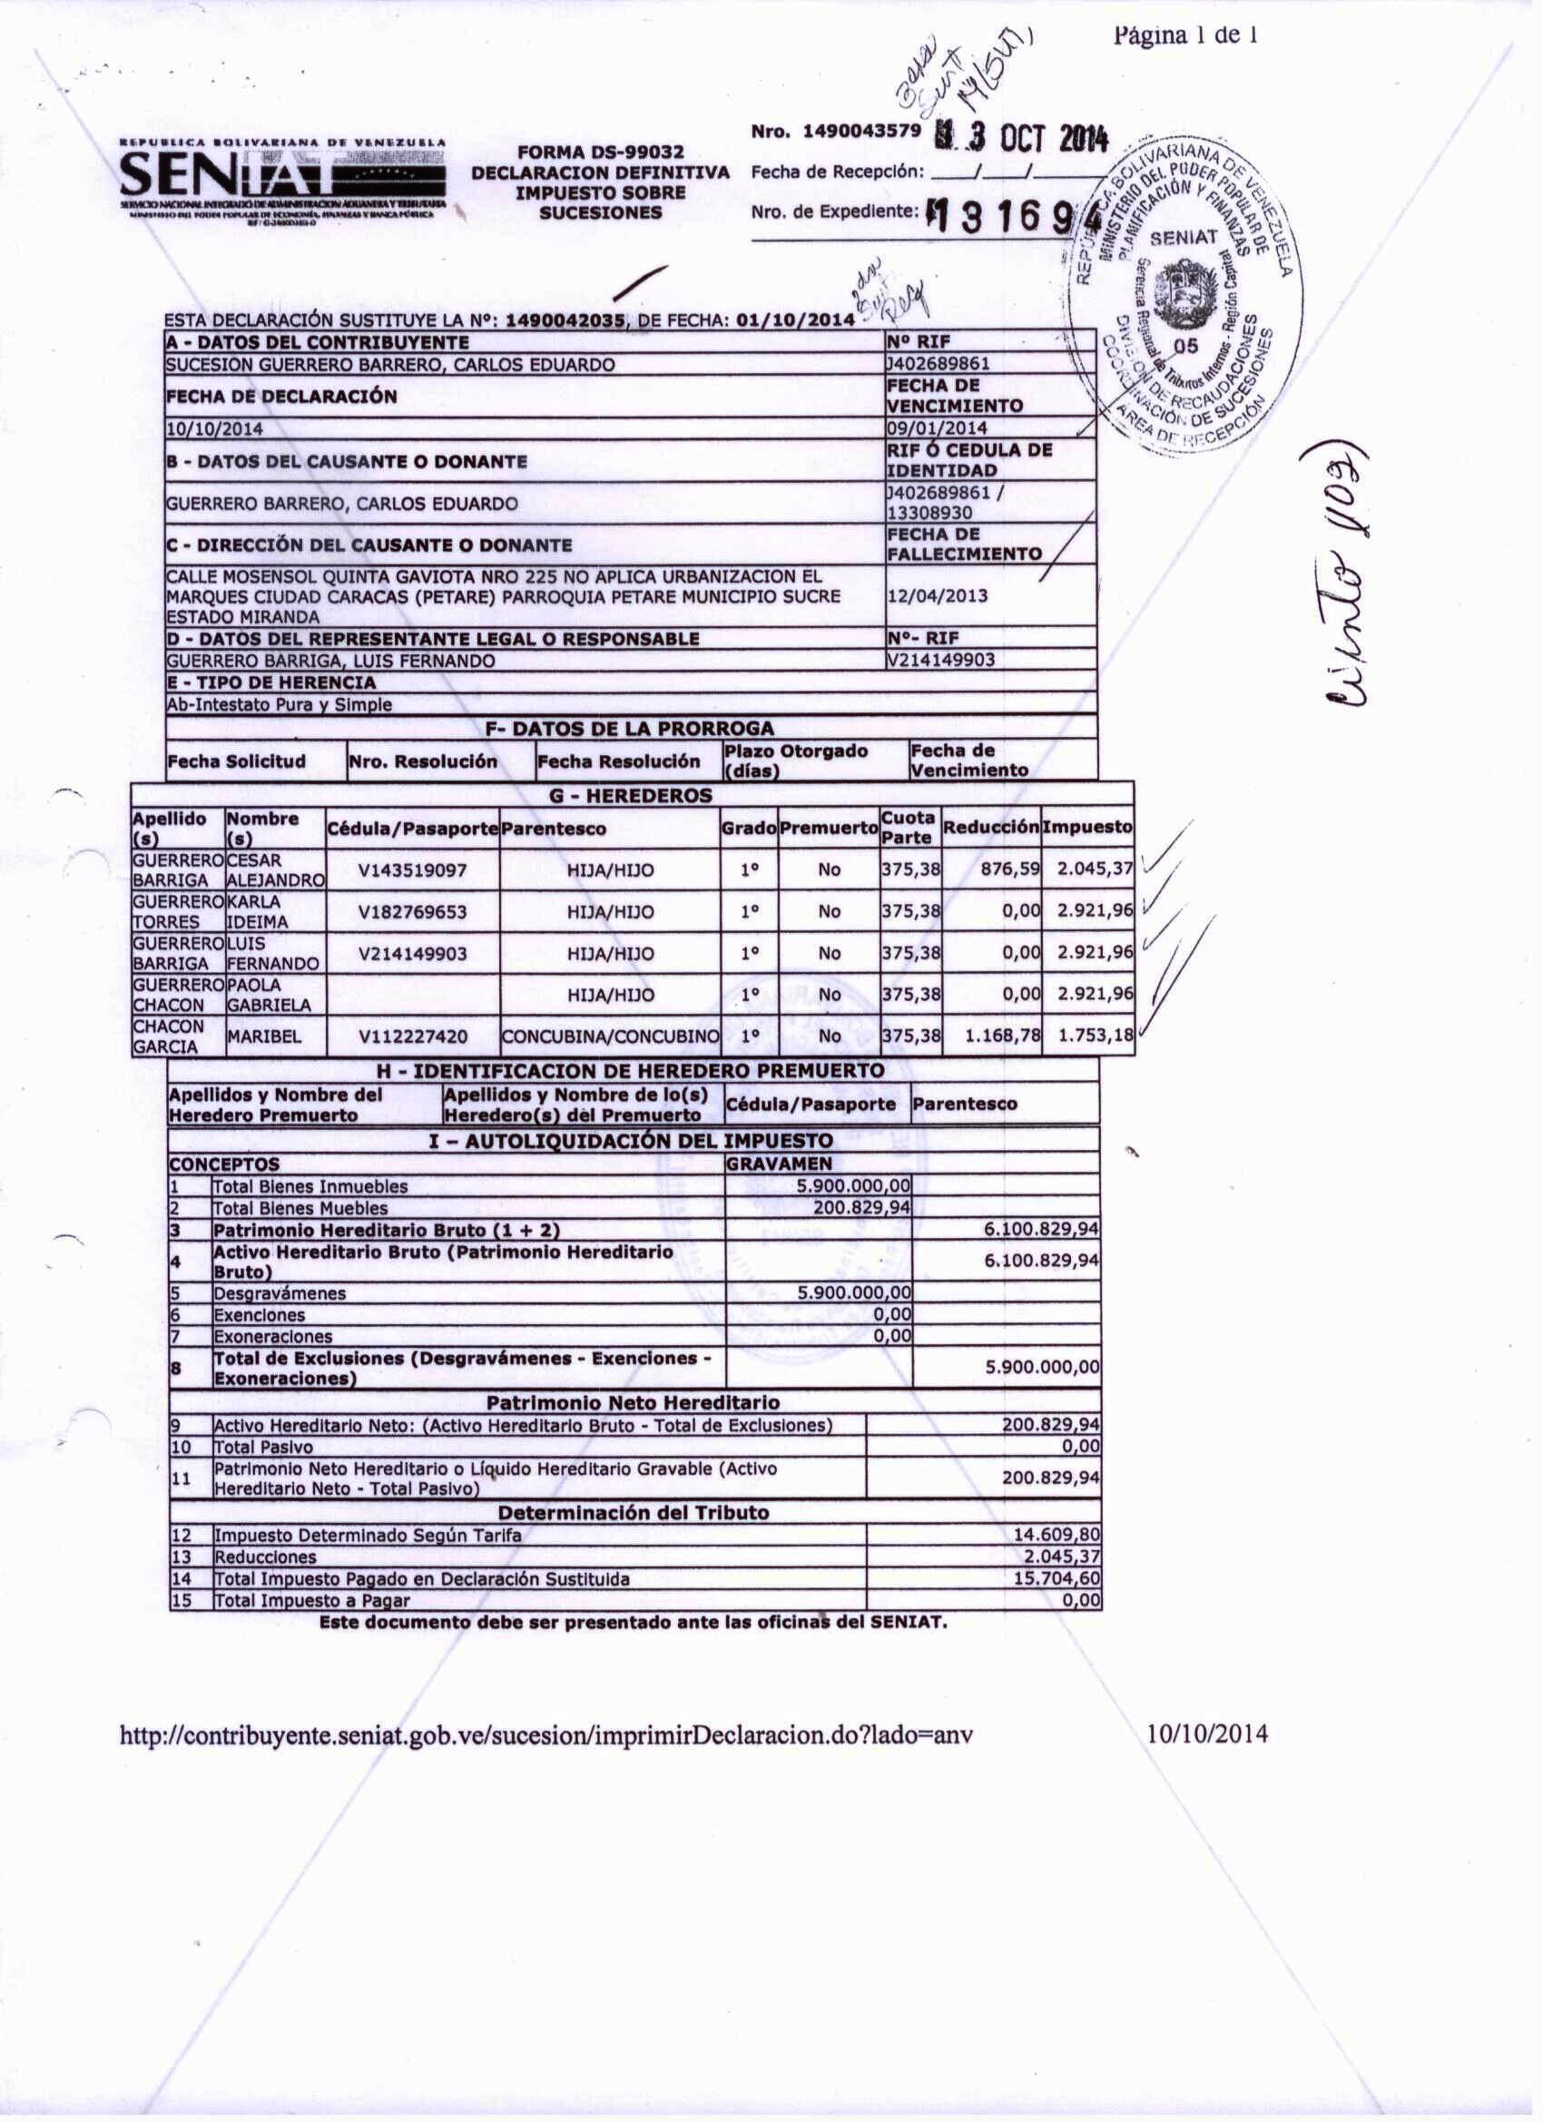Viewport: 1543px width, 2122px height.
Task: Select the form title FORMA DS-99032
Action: coord(601,152)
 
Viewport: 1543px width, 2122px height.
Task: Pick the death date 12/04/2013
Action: coord(938,596)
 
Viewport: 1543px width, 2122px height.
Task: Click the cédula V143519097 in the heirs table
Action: coord(413,870)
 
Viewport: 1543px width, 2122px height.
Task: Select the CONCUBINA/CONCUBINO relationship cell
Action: coord(610,1036)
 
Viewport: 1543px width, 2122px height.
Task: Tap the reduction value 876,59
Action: coord(1009,869)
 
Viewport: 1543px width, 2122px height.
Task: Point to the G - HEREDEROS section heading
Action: coord(633,795)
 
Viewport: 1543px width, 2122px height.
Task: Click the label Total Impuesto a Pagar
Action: coord(311,1600)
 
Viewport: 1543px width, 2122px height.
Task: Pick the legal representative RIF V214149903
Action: coord(941,660)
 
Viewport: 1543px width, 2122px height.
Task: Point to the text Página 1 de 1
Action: coord(1184,35)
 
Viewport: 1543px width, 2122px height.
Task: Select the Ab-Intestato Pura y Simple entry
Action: coord(279,704)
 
